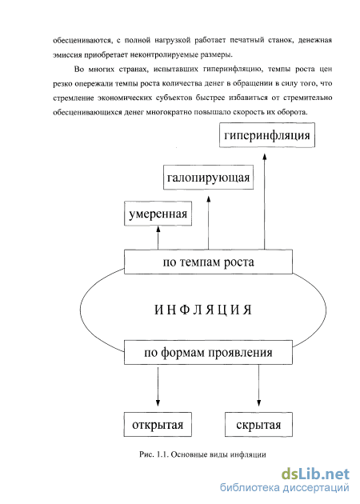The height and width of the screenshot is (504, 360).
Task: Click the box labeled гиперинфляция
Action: click(x=267, y=135)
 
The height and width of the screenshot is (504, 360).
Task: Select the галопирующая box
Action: click(x=208, y=178)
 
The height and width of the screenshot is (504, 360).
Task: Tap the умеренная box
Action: click(x=158, y=214)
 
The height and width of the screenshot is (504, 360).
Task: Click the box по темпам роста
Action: click(x=208, y=262)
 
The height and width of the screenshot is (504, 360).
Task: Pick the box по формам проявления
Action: click(x=208, y=352)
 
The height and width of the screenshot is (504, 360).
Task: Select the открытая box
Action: click(x=158, y=425)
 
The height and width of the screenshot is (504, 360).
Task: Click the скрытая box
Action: click(x=258, y=425)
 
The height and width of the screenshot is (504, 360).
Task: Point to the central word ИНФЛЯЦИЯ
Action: click(x=203, y=310)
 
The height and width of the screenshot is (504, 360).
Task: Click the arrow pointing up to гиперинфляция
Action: click(x=265, y=202)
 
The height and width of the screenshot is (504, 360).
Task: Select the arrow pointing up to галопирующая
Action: click(x=208, y=222)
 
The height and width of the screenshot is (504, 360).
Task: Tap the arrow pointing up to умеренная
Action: click(x=158, y=238)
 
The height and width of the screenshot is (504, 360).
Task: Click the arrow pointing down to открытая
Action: click(x=158, y=386)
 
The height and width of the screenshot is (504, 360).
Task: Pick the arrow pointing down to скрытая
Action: click(x=258, y=386)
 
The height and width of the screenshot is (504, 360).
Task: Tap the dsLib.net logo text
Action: click(x=315, y=474)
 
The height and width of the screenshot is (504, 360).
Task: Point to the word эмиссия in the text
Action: click(x=67, y=54)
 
